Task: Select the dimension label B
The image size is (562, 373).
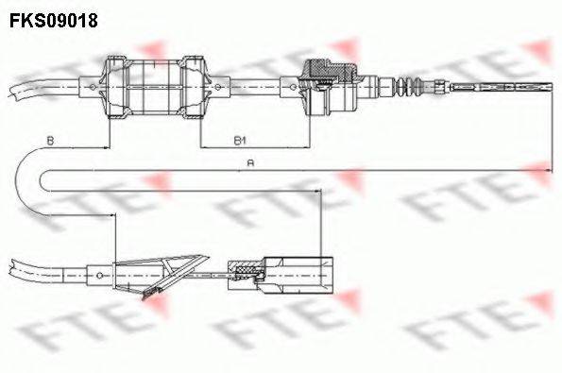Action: (x=50, y=140)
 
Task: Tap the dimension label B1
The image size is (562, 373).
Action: (x=240, y=140)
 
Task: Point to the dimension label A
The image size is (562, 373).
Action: (x=249, y=162)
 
